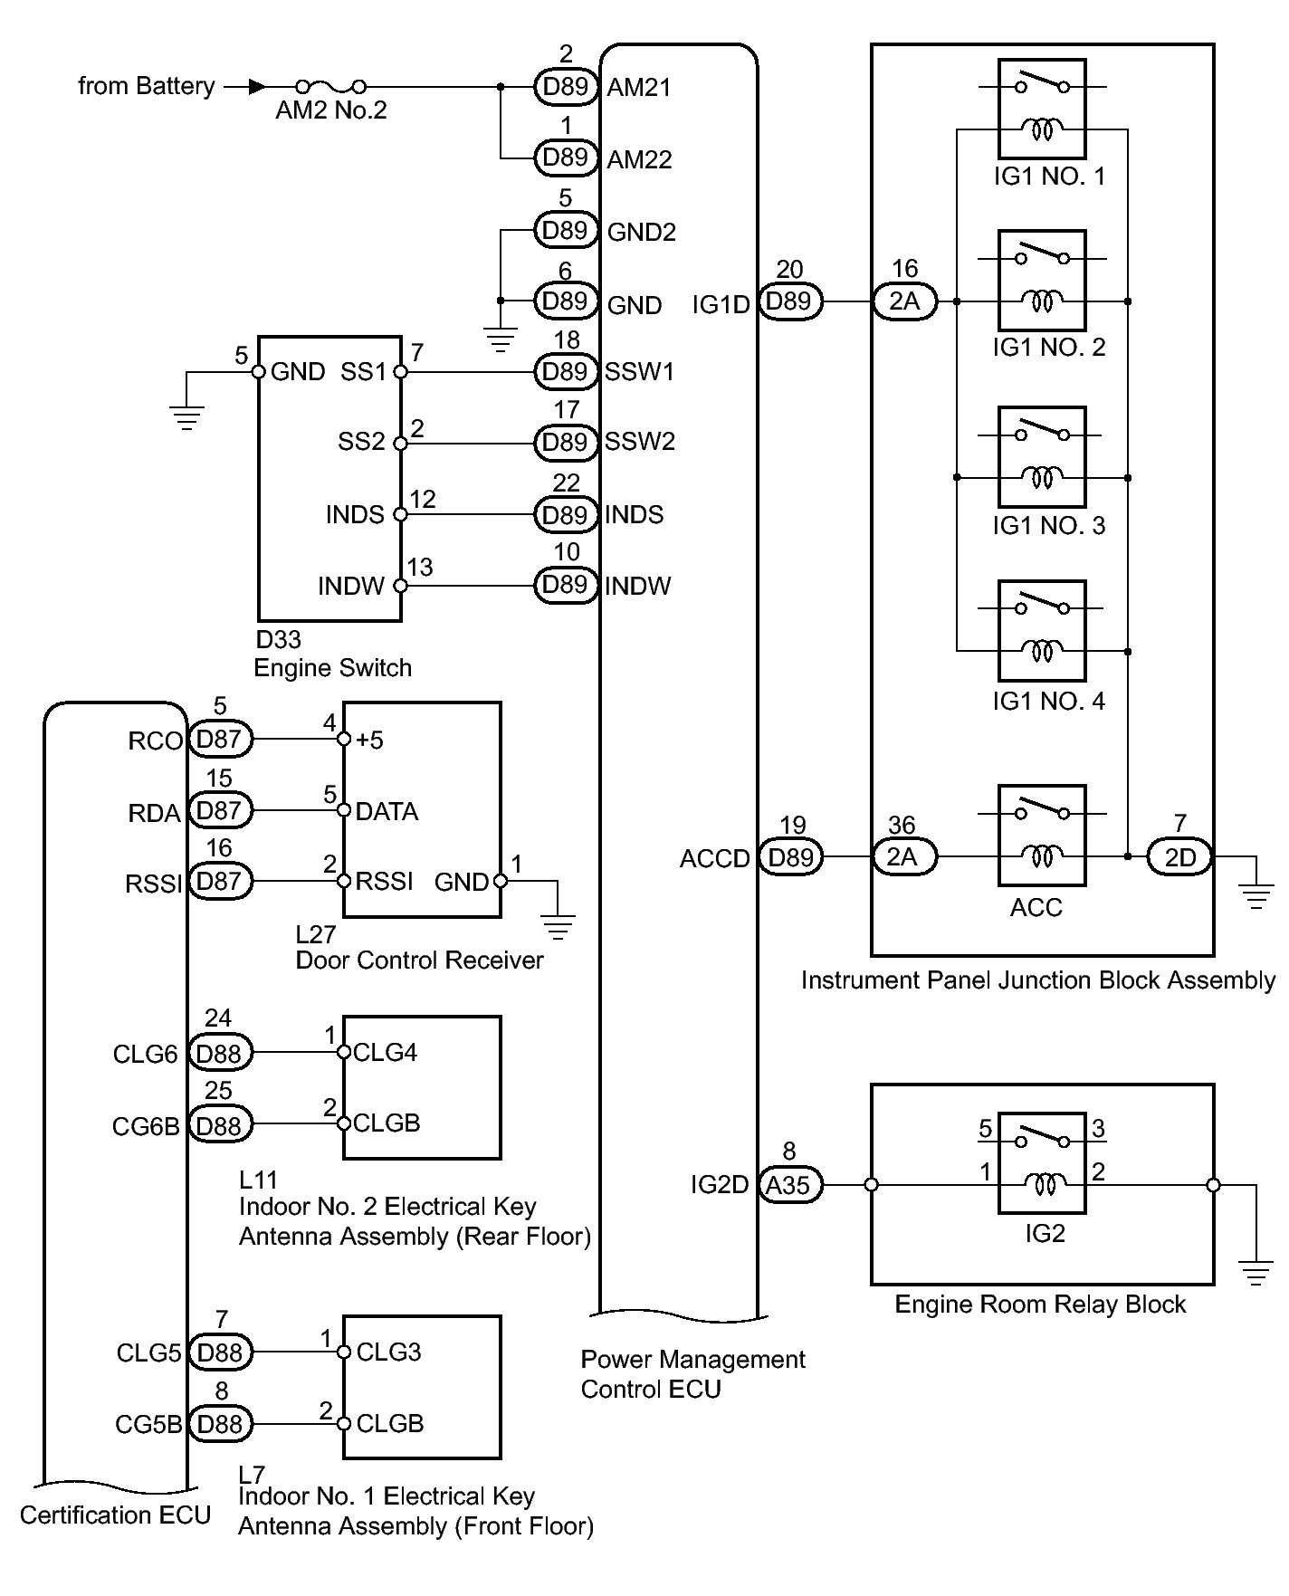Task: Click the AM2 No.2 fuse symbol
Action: coord(331,87)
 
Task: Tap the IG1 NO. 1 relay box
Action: coord(1042,110)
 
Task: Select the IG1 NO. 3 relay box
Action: coord(1042,457)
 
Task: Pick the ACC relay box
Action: coord(1042,835)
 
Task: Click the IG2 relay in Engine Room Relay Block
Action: coord(1042,1163)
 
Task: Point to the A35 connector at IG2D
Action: coord(788,1185)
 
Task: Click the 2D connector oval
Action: coord(1179,856)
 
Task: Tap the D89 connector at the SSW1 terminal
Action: coord(566,371)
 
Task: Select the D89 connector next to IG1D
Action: coord(789,301)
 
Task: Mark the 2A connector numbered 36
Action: coord(904,856)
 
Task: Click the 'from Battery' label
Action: coord(147,87)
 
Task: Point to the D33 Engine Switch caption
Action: coord(332,654)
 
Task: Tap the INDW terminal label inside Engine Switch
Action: coord(351,587)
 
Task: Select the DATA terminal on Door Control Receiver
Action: coord(387,811)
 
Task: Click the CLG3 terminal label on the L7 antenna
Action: coord(388,1352)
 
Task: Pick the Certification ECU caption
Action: coord(115,1515)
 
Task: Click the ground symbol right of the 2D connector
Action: coord(1256,896)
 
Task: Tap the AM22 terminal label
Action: coord(639,159)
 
